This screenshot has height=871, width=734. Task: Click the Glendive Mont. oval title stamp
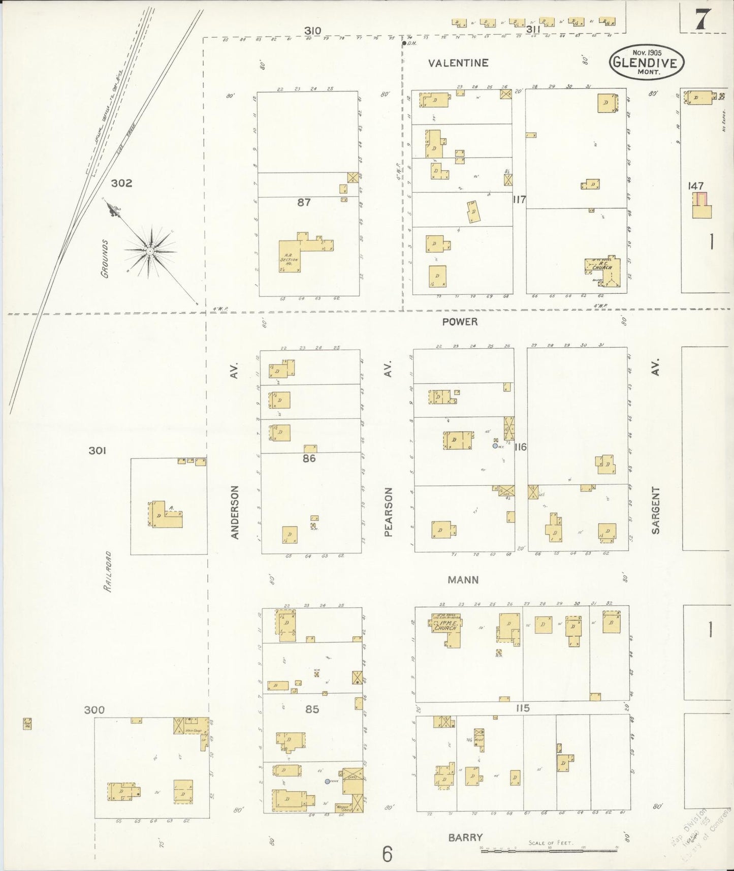coord(646,62)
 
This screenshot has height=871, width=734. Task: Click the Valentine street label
coord(458,63)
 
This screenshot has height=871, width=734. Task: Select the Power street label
coord(460,322)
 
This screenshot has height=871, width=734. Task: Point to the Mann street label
coord(463,579)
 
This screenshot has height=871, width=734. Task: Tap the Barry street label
coord(465,837)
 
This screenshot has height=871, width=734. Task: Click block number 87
coord(304,202)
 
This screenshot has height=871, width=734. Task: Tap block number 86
coord(309,458)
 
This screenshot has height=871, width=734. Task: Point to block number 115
coord(522,708)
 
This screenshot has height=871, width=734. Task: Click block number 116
coord(520,447)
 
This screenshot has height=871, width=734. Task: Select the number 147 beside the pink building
coord(695,186)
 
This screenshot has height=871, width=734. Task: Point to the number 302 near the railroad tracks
coord(121,183)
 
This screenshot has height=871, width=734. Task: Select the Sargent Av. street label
coord(655,510)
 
